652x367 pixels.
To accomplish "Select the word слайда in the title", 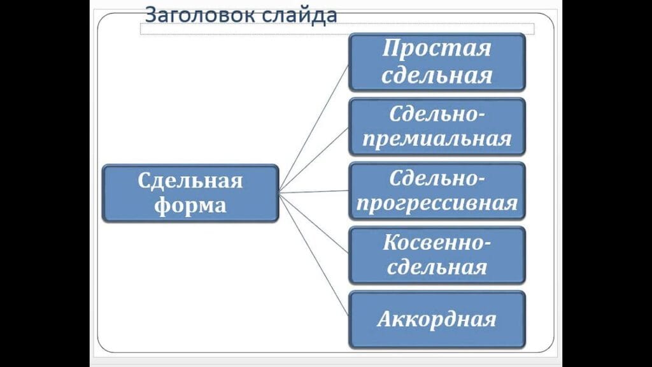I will tap(299, 15).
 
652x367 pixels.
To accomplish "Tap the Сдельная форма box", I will tap(190, 193).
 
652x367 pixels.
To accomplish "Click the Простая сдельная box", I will tap(437, 62).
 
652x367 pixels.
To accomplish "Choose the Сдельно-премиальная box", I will tap(437, 126).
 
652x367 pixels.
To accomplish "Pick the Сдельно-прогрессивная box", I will tap(437, 191).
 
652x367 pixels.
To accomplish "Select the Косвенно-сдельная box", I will tap(437, 255).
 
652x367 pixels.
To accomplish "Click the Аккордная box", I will tap(437, 319).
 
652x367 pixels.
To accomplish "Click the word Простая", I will tap(437, 48).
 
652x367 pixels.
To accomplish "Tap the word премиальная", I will tap(437, 139).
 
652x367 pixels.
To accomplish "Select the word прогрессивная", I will tap(437, 204).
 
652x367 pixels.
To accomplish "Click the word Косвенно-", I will tap(437, 242).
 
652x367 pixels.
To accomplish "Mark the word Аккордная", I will tap(437, 319).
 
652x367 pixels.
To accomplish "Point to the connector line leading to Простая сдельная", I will tap(314, 127).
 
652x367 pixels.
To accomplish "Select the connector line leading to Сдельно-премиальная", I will tap(314, 159).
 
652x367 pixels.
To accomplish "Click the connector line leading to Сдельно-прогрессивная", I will tap(314, 191).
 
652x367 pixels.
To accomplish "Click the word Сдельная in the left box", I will tap(190, 180).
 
